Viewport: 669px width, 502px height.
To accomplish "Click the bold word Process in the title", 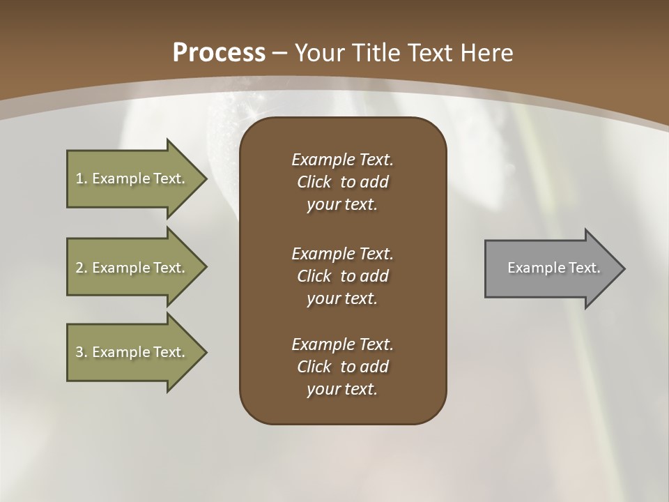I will click(219, 53).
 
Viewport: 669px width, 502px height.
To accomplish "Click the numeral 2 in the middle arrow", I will click(79, 268).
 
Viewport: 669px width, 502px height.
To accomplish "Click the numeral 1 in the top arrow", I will click(79, 178).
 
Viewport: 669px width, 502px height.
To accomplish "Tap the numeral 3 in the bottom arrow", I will click(79, 352).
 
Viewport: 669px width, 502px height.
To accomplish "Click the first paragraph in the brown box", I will click(342, 182).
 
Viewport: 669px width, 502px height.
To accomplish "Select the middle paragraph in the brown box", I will click(342, 276).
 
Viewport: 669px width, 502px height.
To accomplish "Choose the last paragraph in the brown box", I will click(342, 367).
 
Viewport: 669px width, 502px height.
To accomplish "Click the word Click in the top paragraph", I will click(314, 182).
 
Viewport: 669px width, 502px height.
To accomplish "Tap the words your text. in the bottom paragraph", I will click(342, 390).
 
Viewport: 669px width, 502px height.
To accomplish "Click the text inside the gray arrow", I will click(553, 268).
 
